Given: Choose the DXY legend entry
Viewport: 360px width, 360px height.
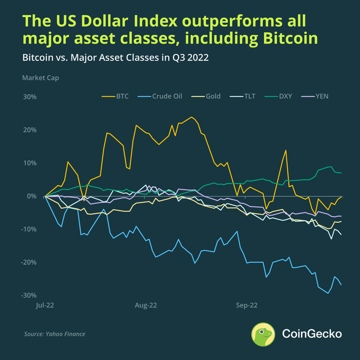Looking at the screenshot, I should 284,96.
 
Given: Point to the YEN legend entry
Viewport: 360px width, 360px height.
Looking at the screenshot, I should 321,96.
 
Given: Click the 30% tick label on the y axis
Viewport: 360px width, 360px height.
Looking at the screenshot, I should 29,97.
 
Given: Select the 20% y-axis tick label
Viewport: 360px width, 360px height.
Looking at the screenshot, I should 29,130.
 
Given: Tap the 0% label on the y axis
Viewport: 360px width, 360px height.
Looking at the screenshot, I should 31,196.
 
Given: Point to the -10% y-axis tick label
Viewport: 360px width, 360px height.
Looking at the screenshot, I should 28,229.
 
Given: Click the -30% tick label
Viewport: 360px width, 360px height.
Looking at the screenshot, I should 28,295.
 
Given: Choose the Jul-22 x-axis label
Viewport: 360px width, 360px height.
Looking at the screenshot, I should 45,306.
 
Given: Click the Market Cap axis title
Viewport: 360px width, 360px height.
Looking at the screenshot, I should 40,77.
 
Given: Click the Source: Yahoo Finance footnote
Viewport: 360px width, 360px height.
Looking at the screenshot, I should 54,334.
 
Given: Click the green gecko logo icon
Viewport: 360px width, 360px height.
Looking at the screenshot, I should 263,334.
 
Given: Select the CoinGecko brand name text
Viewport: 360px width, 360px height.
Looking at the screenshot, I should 311,334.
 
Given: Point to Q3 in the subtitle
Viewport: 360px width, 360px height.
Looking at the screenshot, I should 170,58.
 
